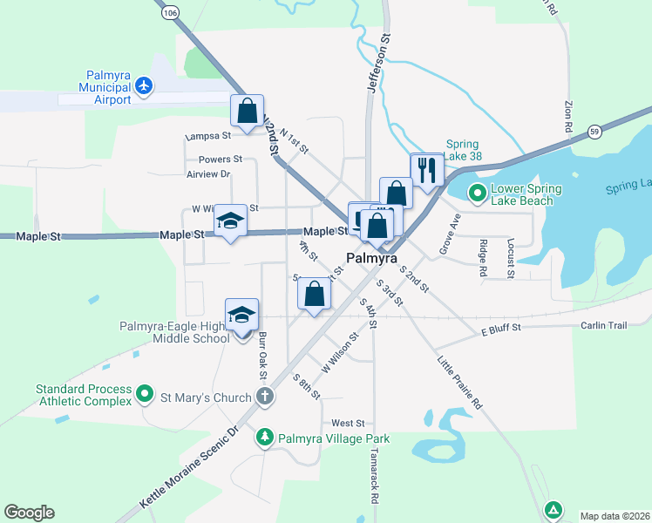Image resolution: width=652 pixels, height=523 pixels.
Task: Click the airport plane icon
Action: pos(145,85)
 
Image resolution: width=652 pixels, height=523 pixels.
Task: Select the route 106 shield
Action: pos(170,12)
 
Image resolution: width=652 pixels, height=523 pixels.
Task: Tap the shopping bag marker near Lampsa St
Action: pos(247,111)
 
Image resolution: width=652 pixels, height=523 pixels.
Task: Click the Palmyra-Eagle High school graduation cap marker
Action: pos(242,316)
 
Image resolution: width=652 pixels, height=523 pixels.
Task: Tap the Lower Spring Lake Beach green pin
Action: pos(477,193)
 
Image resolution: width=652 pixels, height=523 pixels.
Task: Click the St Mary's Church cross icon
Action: pos(265,397)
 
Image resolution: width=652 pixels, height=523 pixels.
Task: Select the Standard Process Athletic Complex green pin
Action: pos(145,396)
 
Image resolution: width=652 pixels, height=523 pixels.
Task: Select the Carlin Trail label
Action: pos(604,325)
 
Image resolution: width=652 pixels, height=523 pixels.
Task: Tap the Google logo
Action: pos(29,513)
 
